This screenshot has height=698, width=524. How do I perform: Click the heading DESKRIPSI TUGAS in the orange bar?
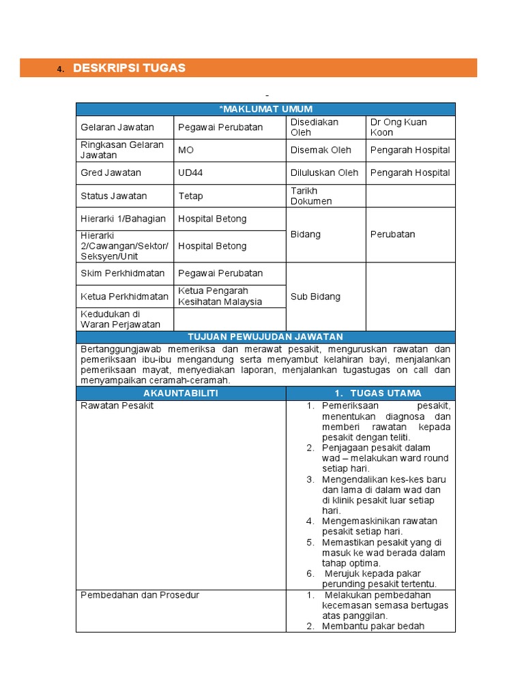[129, 68]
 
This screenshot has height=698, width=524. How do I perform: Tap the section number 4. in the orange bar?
[60, 69]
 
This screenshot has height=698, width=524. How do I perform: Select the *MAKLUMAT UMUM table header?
[265, 109]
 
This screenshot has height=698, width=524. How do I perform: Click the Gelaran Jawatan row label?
[117, 127]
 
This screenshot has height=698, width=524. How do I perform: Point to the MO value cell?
[186, 150]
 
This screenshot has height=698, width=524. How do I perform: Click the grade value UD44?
[190, 173]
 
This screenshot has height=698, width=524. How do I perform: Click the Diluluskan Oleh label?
[324, 173]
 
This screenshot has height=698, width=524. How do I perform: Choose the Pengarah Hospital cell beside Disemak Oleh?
[410, 150]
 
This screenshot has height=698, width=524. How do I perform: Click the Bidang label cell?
[306, 234]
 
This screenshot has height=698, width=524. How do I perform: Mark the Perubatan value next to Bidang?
[393, 234]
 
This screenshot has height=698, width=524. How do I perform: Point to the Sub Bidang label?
[315, 297]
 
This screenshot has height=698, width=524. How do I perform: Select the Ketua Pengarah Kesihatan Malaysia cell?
[220, 297]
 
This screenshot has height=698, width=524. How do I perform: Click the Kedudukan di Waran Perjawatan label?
[121, 320]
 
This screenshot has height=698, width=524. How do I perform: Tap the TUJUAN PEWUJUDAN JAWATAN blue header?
[265, 337]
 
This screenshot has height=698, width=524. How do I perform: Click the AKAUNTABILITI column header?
[181, 394]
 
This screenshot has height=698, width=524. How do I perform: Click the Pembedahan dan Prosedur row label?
[140, 595]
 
